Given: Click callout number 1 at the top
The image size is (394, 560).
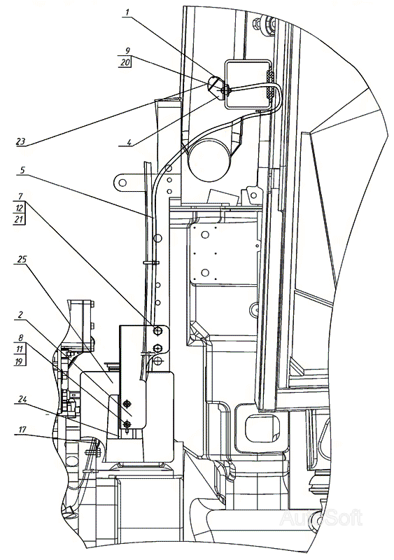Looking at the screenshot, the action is click(x=128, y=12).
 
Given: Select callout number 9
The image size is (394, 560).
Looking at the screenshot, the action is click(x=127, y=50).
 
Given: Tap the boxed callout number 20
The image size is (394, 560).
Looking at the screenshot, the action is click(x=125, y=62).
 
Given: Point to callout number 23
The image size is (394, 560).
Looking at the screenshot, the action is click(x=21, y=141).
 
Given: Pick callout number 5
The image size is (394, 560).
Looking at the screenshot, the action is click(x=22, y=171).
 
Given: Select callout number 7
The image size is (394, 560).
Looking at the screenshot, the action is click(x=21, y=197).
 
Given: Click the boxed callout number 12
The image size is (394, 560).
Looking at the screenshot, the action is click(x=20, y=208).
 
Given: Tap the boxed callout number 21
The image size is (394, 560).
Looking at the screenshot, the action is click(x=20, y=219).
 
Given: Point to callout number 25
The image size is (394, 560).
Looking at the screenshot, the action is click(x=22, y=259).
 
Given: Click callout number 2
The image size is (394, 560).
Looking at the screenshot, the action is click(x=21, y=315).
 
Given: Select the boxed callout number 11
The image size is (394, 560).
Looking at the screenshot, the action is click(x=20, y=349).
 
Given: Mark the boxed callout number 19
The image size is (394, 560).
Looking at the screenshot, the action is click(x=20, y=360).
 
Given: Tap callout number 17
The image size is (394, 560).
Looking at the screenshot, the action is click(x=22, y=430).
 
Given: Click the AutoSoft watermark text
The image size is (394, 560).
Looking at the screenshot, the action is click(x=321, y=518).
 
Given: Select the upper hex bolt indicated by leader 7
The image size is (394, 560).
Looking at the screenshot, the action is click(x=157, y=331).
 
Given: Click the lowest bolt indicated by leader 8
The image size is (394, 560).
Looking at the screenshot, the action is click(x=126, y=424).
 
